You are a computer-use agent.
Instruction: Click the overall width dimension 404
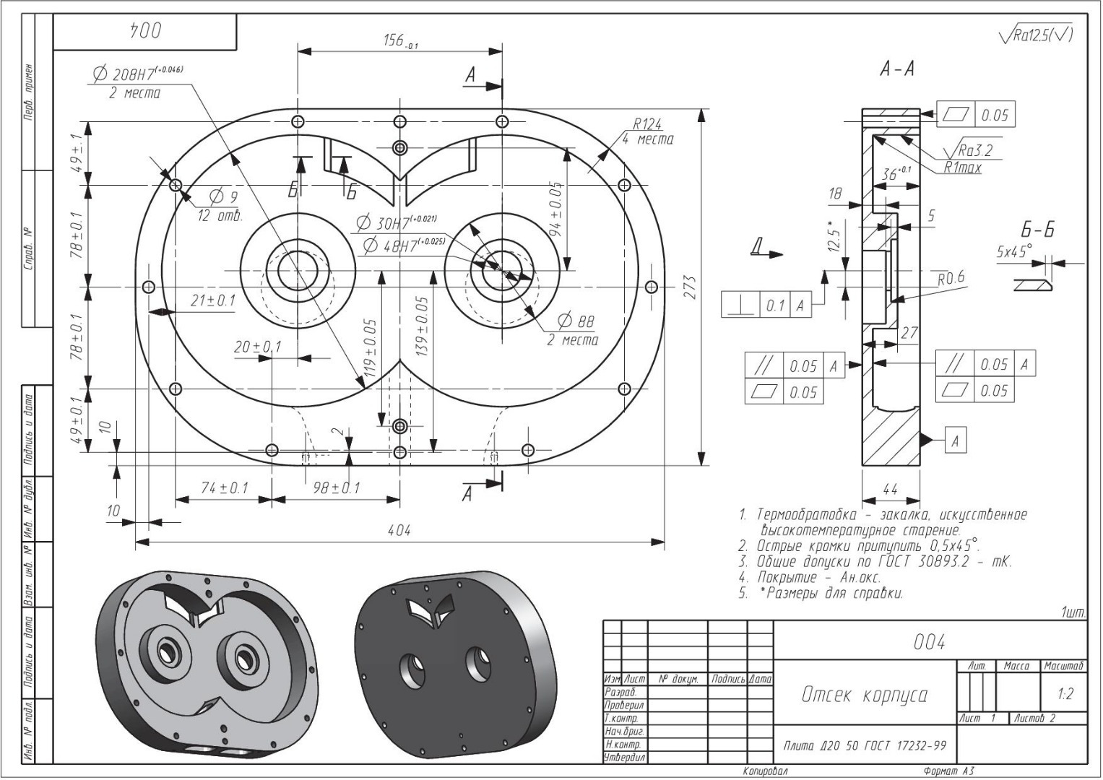[398, 531]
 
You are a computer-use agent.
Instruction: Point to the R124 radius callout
[647, 125]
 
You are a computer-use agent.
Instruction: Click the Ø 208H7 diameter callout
[137, 74]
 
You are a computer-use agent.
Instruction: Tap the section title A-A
[897, 69]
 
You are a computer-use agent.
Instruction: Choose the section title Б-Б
[1037, 230]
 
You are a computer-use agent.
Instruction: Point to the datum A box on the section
[955, 440]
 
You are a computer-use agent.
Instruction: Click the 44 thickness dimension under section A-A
[890, 490]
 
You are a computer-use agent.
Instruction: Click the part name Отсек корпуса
[864, 695]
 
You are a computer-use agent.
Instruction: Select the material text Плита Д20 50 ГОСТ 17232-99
[864, 745]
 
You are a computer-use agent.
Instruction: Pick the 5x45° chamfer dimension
[1013, 252]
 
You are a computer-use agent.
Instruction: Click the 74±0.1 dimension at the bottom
[224, 488]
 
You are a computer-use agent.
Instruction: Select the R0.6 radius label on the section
[950, 278]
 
